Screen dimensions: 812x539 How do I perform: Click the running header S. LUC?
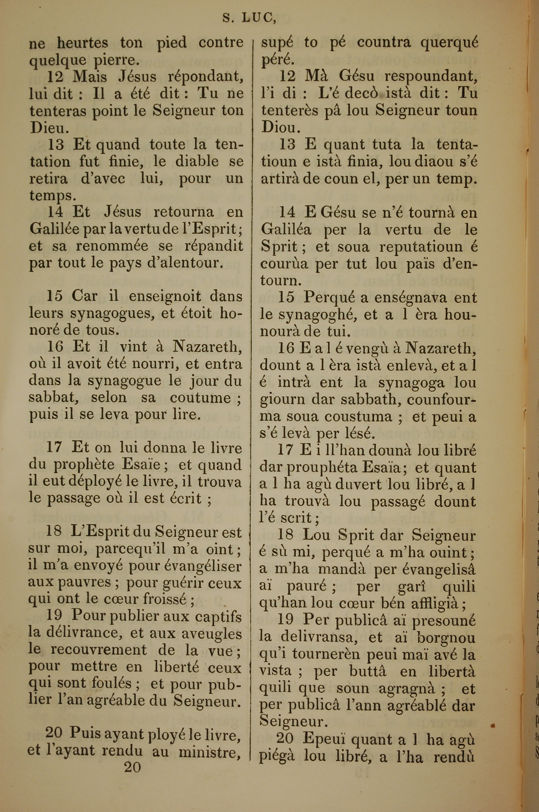coord(249,18)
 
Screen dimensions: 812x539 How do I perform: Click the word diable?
coord(197,161)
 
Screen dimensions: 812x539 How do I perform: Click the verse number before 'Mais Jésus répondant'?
coord(55,76)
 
